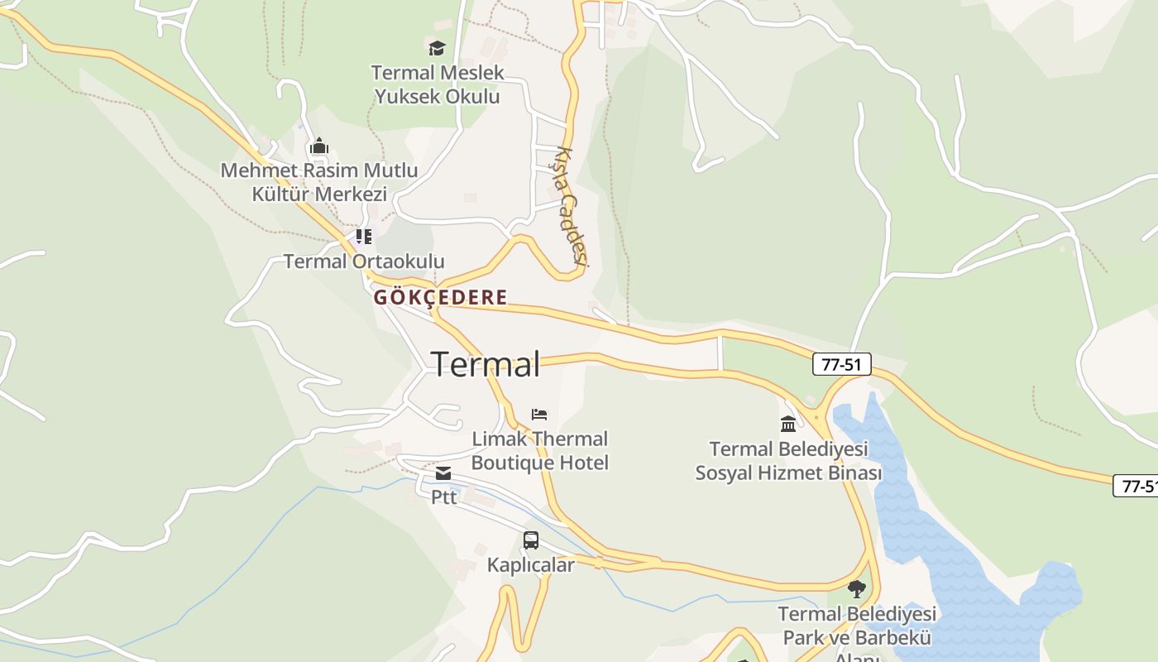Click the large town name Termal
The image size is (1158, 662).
click(486, 364)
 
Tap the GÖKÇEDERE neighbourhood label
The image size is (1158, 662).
click(440, 298)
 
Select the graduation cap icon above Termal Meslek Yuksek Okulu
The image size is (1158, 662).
click(437, 49)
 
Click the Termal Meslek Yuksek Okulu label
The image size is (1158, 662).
click(438, 84)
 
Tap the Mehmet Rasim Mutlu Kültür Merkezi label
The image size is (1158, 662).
click(319, 183)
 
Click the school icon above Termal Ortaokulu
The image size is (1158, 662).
click(364, 237)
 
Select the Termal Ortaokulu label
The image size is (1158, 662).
click(364, 261)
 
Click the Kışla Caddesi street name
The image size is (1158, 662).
click(571, 207)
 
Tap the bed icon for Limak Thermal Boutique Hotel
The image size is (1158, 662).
click(539, 414)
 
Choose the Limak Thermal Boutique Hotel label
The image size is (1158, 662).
click(540, 451)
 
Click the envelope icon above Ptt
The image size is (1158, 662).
click(443, 473)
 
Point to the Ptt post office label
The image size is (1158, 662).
click(443, 497)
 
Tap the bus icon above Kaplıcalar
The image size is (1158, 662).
click(531, 540)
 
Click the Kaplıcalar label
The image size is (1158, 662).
click(531, 565)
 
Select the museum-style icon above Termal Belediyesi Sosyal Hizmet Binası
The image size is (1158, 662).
click(788, 424)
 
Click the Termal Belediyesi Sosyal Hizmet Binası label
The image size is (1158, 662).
click(788, 461)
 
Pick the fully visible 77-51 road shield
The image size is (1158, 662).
click(842, 364)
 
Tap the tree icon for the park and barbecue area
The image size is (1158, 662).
click(857, 589)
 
